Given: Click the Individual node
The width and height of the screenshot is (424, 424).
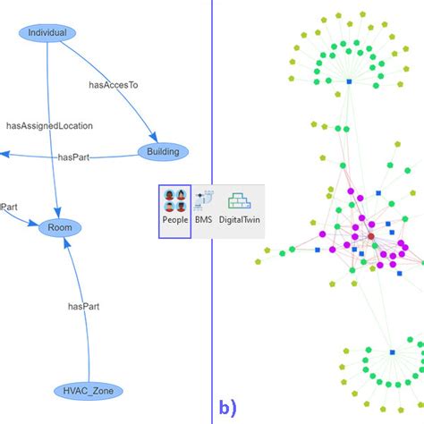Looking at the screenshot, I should pos(47,32).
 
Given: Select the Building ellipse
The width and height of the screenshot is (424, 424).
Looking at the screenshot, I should pos(163,151).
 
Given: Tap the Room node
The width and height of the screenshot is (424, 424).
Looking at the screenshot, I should pos(61,228).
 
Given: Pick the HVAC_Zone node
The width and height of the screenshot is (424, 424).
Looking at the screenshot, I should pos(88,390).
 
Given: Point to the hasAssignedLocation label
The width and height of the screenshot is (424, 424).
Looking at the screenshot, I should pos(49,126).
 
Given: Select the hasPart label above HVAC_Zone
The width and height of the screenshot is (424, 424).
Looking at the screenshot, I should pos(83,306).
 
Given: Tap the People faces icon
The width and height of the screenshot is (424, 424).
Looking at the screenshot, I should pos(174,200).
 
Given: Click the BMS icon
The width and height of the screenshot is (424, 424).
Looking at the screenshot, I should pos(204,200).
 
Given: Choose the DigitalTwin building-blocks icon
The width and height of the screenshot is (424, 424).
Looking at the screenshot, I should pos(239,200).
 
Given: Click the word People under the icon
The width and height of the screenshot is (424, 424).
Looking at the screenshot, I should pos(174,219).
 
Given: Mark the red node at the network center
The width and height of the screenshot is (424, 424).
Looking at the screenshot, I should pos(370,237).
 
